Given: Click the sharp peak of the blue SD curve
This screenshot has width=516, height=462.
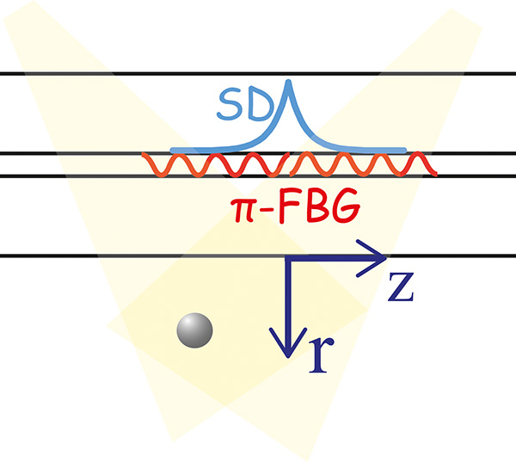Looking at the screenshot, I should coord(288,83).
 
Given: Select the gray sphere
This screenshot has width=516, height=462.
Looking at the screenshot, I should coord(194,330).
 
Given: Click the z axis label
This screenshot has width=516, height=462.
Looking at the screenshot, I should coord(400,289).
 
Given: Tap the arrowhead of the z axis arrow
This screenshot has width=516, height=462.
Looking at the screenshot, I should coord(378,255).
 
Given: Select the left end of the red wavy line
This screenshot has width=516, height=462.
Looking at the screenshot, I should coord(144,157).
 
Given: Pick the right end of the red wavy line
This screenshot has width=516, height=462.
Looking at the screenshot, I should coord(436,173).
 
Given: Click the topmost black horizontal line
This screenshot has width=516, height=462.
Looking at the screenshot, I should coord(258,74).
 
